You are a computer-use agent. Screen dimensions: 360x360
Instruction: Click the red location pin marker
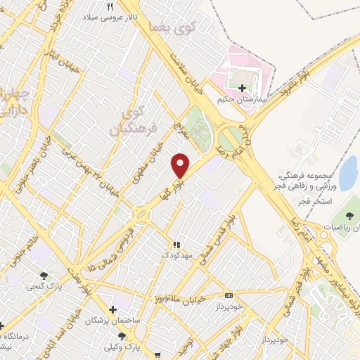coord(181,165)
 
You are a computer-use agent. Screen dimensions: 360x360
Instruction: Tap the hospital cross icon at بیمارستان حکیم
coord(243,88)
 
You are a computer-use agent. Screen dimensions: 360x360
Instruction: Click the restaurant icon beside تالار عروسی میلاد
coord(110,6)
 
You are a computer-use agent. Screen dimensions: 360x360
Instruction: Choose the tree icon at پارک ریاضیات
coord(351,215)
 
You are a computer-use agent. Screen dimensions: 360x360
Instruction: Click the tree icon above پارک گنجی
coord(44,276)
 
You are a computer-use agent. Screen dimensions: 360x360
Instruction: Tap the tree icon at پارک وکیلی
coord(122,337)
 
